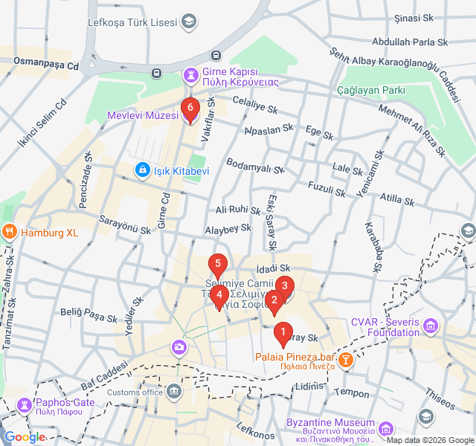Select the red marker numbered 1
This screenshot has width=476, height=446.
(282, 332)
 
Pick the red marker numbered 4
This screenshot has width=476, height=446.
(219, 294)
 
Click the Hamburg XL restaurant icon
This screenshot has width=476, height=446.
(10, 232)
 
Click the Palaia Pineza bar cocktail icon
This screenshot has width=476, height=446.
(345, 361)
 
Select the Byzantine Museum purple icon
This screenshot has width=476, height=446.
(385, 429)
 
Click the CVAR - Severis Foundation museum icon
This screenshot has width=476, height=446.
(432, 326)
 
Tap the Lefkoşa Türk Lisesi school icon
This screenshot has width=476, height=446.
(189, 21)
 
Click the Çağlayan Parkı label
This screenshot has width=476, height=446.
(370, 90)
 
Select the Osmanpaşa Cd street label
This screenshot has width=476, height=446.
(46, 65)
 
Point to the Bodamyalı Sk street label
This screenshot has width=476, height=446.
(255, 166)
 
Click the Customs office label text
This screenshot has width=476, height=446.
(135, 392)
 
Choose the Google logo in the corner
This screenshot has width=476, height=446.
(24, 437)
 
